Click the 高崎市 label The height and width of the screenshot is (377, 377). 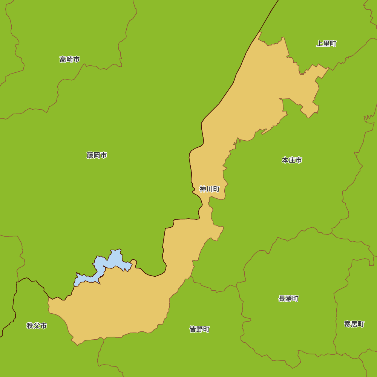(70, 60)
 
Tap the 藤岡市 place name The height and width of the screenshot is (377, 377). (97, 155)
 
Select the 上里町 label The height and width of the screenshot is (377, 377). (326, 44)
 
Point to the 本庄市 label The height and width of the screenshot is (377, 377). (292, 160)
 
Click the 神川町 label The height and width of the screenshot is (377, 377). (209, 189)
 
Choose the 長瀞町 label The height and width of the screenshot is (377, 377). (288, 299)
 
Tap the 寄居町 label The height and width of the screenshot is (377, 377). (354, 324)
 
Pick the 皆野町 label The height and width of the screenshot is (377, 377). (199, 329)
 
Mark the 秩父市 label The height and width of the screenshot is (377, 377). (37, 326)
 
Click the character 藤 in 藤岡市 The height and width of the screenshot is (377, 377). (90, 155)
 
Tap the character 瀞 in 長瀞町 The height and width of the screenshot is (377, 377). (288, 299)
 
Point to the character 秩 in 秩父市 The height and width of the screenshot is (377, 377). (30, 326)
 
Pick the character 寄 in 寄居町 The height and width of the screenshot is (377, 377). (347, 324)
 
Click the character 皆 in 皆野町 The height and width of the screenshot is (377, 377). (193, 329)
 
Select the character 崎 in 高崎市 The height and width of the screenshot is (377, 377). (70, 60)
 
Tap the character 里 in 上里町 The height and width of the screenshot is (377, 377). (326, 44)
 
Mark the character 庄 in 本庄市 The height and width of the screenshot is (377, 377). (292, 160)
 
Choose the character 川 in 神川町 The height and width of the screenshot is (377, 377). (209, 189)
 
